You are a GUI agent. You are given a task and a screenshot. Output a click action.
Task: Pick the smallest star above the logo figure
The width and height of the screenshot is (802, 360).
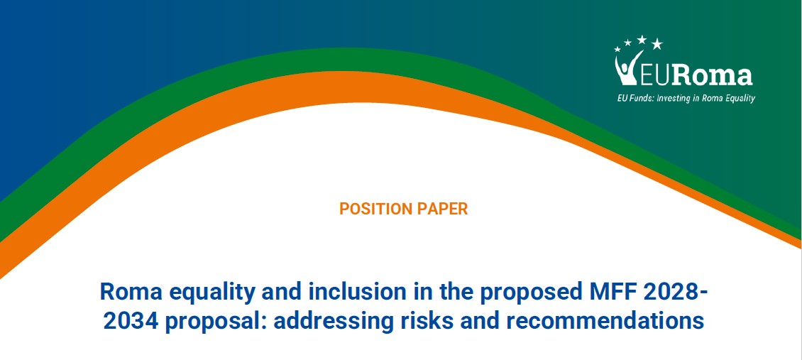(617, 49)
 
